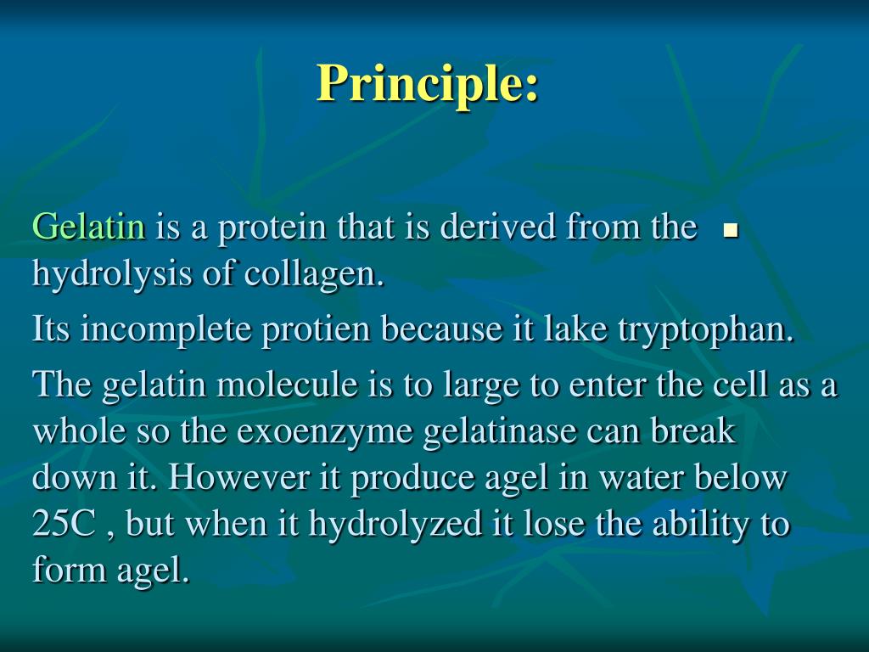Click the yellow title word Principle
428,83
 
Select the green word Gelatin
88,228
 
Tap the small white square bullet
729,230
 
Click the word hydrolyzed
395,525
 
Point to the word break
693,431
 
